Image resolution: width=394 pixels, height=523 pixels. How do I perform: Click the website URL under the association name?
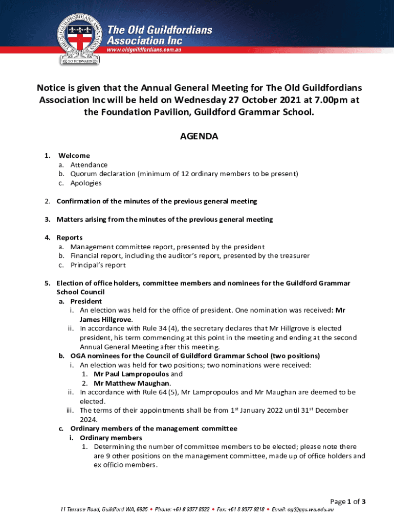click(x=151, y=50)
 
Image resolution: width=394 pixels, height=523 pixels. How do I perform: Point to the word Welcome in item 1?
click(x=74, y=155)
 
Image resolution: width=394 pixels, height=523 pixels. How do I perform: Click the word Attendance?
click(x=89, y=164)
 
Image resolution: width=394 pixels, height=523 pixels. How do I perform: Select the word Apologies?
click(x=86, y=183)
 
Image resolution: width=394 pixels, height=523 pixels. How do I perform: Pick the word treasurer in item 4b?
click(x=292, y=256)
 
